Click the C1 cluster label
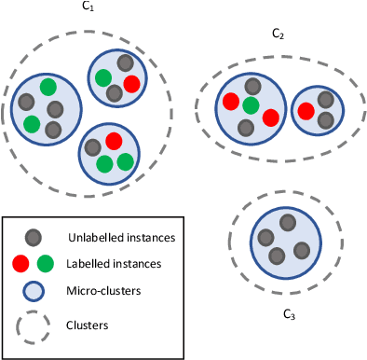tap(88, 7)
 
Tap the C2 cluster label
tap(278, 34)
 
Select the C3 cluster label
tap(289, 315)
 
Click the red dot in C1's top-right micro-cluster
tap(131, 84)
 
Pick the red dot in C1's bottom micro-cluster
tap(114, 141)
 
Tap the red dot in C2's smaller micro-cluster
tap(306, 111)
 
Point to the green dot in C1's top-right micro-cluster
tap(103, 78)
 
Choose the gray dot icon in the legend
tap(34, 237)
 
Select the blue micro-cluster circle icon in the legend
tap(34, 291)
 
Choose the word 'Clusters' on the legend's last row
tap(93, 326)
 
